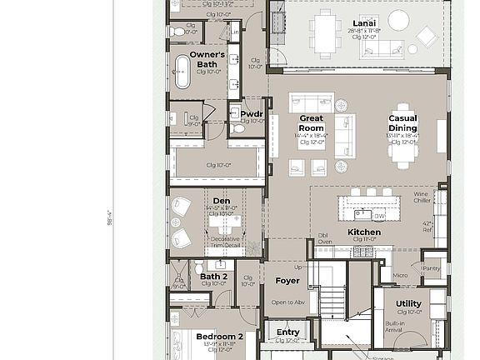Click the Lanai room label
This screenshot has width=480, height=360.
pyautogui.click(x=364, y=22)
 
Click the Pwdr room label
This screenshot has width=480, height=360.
pyautogui.click(x=252, y=113)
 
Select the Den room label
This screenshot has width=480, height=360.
pyautogui.click(x=221, y=201)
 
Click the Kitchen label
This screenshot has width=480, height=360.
pyautogui.click(x=364, y=232)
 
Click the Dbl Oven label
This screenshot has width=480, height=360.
pyautogui.click(x=324, y=238)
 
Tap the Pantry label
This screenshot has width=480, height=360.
pyautogui.click(x=431, y=268)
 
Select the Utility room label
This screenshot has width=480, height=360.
pyautogui.click(x=408, y=304)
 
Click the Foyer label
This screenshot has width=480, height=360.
pyautogui.click(x=287, y=281)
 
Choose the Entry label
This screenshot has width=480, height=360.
pyautogui.click(x=287, y=332)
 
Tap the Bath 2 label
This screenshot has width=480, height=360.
pyautogui.click(x=213, y=276)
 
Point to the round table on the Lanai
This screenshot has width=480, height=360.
pyautogui.click(x=398, y=20)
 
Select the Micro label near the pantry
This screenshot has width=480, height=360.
pyautogui.click(x=400, y=275)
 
